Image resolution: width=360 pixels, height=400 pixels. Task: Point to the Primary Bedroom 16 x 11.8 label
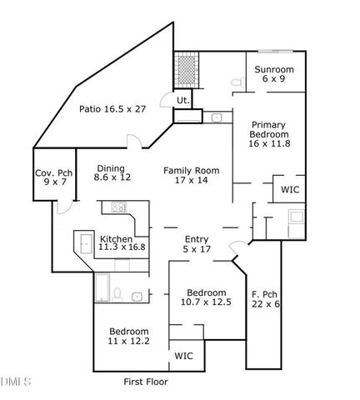click(x=269, y=134)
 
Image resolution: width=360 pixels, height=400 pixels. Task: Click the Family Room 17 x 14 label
click(x=191, y=175)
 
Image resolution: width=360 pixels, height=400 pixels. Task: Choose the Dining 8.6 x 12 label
click(x=111, y=172)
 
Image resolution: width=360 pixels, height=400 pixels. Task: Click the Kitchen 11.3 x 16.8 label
click(x=122, y=241)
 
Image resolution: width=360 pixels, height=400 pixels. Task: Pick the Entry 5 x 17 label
click(x=197, y=244)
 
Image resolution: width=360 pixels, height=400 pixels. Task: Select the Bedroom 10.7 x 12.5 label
click(x=205, y=298)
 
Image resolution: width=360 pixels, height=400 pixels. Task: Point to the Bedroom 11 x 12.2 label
click(x=129, y=336)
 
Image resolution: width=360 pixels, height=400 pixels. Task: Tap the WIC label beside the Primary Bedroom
click(x=290, y=190)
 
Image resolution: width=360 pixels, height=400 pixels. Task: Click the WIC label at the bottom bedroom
click(x=183, y=356)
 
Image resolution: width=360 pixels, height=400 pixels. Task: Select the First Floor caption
click(x=145, y=382)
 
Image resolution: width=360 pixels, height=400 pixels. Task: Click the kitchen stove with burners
click(x=118, y=207)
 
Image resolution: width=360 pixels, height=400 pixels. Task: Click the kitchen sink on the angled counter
click(x=86, y=243)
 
